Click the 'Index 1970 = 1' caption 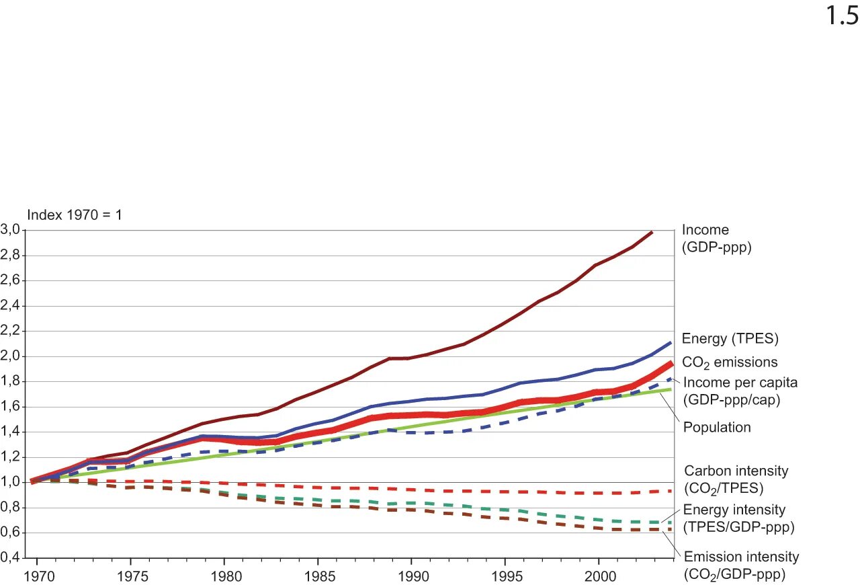click(x=74, y=215)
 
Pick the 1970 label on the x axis click(x=36, y=576)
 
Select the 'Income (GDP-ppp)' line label click(x=716, y=239)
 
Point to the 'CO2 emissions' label click(x=730, y=362)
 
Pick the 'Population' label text click(x=717, y=428)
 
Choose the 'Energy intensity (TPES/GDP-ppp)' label click(x=738, y=518)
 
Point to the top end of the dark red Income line click(x=652, y=232)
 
